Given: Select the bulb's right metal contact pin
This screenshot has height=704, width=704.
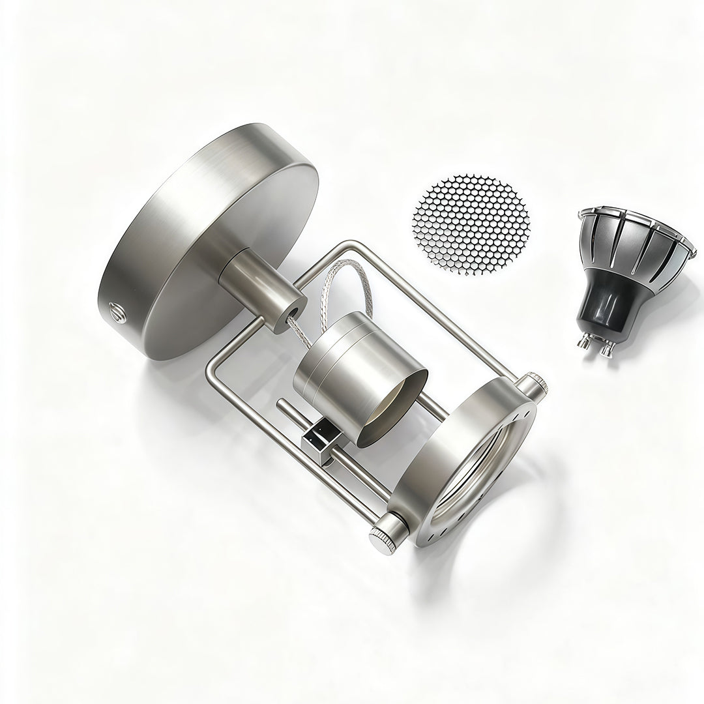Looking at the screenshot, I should [608, 350].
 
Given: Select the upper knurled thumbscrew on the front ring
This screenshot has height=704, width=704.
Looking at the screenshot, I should [535, 384].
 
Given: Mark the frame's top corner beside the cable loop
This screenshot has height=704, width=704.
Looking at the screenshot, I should [349, 246].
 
